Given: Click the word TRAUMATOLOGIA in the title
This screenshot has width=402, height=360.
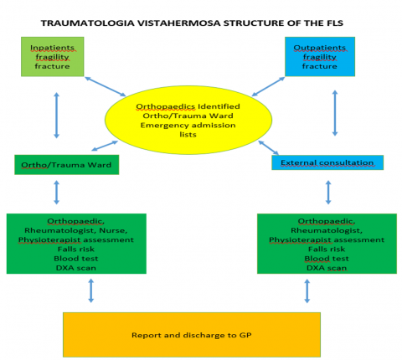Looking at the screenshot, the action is tap(88, 23).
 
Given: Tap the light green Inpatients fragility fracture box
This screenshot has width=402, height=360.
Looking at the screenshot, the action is tap(53, 57).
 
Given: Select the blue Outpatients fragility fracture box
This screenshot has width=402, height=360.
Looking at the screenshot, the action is tap(320, 57).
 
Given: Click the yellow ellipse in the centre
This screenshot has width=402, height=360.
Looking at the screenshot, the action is tap(188, 120).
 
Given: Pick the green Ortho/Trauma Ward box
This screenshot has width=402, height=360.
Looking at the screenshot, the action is tap(67, 165).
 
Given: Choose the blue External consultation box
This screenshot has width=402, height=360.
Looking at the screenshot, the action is tap(327, 162).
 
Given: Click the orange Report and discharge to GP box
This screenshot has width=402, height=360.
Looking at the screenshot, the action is tap(192, 335).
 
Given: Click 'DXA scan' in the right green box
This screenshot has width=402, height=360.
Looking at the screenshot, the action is tap(327, 268).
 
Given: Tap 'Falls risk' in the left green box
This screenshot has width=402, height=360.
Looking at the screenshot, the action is tap(76, 249).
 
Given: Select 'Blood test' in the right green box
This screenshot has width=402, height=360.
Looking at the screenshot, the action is tap(327, 259).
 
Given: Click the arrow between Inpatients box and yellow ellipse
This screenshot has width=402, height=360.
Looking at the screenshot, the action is tap(106, 86).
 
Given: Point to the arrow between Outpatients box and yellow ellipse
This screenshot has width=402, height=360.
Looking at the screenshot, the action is tap(268, 86).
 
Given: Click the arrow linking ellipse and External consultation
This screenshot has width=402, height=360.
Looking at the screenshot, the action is tap(269, 147).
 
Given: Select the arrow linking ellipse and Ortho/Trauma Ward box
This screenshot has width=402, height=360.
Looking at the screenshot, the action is tap(105, 146).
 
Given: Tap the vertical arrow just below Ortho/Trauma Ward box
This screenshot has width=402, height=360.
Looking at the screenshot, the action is tap(57, 193).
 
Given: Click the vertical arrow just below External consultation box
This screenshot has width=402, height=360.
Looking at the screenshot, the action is tap(328, 193).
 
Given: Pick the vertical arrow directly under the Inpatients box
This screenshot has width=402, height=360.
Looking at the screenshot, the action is tap(57, 116).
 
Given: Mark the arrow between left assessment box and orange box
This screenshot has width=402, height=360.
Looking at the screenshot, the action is tap(91, 291).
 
